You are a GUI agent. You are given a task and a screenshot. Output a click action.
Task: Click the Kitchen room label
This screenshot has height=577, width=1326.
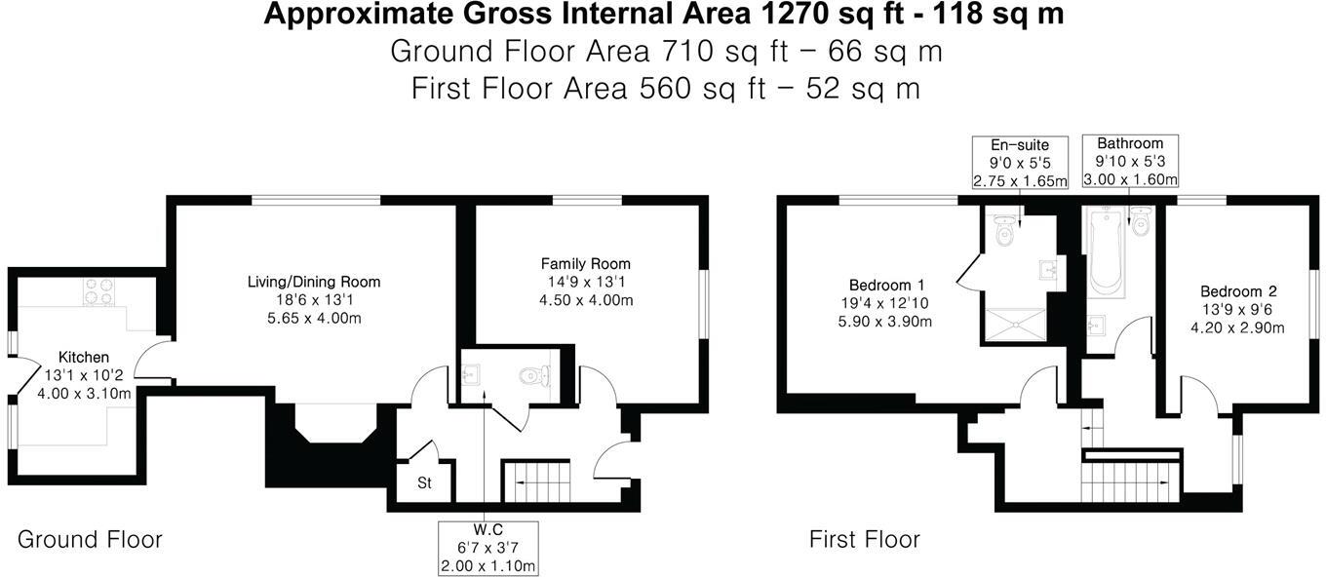click(x=83, y=358)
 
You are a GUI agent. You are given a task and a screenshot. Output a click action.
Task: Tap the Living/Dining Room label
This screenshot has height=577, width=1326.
click(x=313, y=282)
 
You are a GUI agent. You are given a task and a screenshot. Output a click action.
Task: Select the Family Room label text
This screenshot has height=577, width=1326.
click(x=585, y=264)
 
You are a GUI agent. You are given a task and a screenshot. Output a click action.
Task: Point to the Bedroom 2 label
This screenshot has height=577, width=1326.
click(x=1237, y=291)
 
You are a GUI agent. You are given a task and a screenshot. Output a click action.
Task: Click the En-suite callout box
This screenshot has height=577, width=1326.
click(x=1020, y=163)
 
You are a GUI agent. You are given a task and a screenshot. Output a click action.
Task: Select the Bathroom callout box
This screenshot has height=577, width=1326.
click(x=1129, y=161)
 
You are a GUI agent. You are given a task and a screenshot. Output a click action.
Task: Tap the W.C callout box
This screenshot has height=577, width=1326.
click(x=487, y=548)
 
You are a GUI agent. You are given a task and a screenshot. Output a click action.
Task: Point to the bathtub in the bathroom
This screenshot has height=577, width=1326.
click(x=1107, y=251)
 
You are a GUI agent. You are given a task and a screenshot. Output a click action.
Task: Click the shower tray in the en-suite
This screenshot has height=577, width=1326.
click(x=1017, y=322)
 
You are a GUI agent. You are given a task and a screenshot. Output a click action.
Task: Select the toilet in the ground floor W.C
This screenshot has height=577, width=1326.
click(x=534, y=374)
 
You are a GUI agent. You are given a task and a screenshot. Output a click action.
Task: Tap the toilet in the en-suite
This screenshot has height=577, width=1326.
click(x=1003, y=233)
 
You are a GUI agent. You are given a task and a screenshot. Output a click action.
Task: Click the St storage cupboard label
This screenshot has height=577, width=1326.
click(x=424, y=483)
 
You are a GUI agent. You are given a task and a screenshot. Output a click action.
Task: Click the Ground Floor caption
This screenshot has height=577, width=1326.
click(x=90, y=539)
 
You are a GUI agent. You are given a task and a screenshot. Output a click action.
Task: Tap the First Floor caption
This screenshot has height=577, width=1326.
click(x=864, y=539)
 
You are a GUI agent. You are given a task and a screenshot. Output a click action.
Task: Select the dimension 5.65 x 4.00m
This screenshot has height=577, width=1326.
click(x=313, y=319)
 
